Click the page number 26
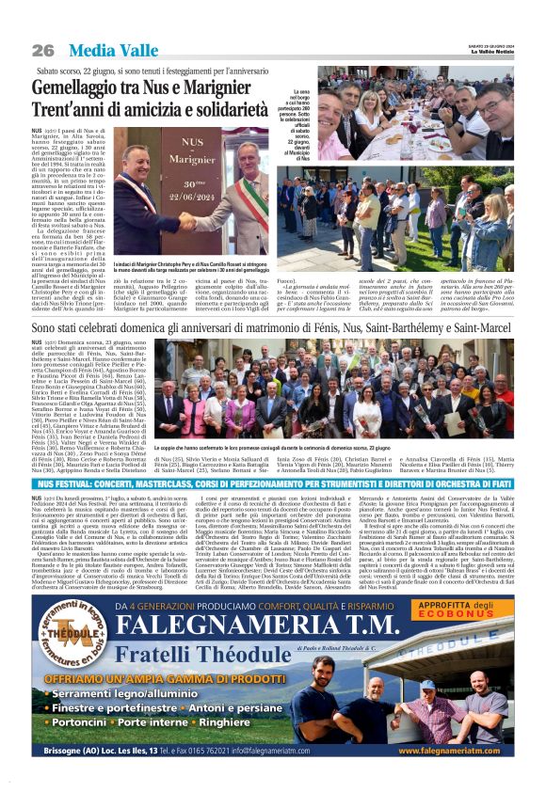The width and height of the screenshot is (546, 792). tap(42, 49)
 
